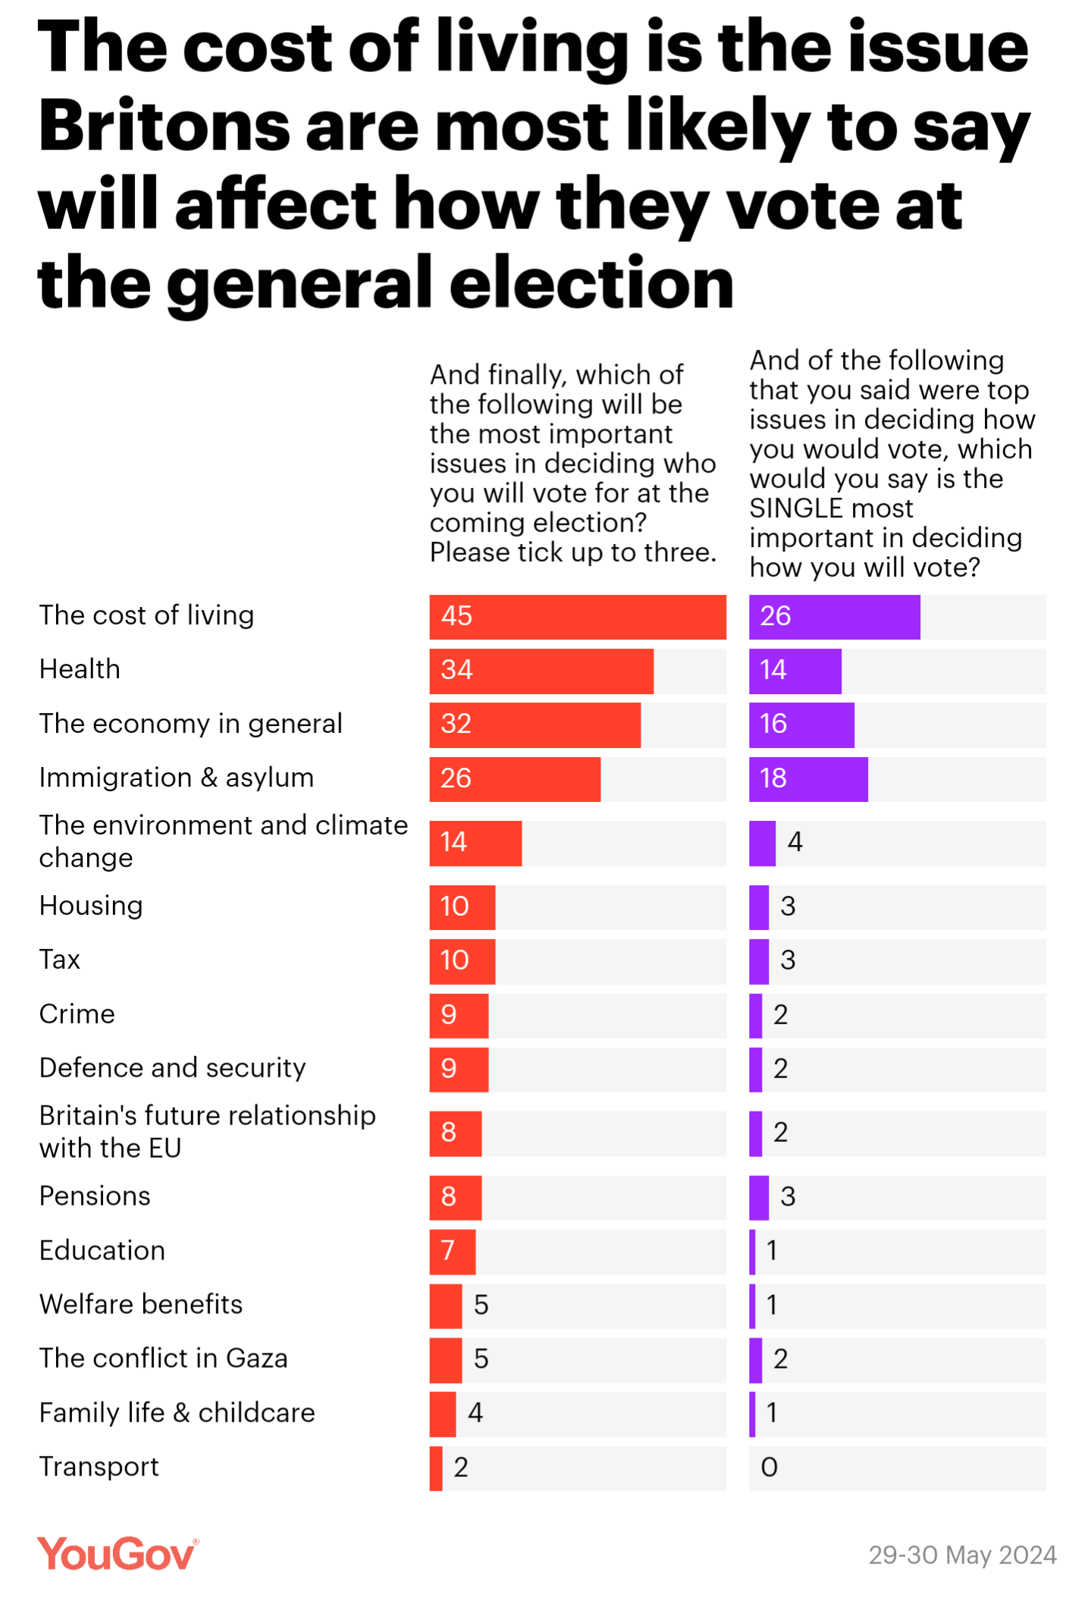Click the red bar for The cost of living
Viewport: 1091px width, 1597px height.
coord(577,617)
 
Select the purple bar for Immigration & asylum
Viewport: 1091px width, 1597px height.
coord(808,779)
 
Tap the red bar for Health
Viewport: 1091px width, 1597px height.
coord(541,671)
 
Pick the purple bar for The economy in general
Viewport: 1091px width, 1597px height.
coord(801,725)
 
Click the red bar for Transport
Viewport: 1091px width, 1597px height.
coord(436,1468)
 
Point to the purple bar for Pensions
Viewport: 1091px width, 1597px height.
coord(759,1197)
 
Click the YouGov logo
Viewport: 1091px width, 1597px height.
coord(118,1554)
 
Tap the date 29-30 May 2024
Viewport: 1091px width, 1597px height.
coord(962,1555)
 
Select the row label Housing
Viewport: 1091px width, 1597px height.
coord(91,906)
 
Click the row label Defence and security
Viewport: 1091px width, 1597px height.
coord(173,1068)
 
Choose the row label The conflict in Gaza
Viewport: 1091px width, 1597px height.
coord(164,1359)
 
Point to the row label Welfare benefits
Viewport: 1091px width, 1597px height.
coord(141,1304)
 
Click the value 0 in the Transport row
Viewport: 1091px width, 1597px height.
coord(769,1467)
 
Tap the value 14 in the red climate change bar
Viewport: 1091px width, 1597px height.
coord(453,842)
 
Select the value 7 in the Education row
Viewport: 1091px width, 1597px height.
coord(448,1250)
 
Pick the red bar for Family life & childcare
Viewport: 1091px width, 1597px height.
coord(443,1413)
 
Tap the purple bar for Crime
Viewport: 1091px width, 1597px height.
coord(756,1015)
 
